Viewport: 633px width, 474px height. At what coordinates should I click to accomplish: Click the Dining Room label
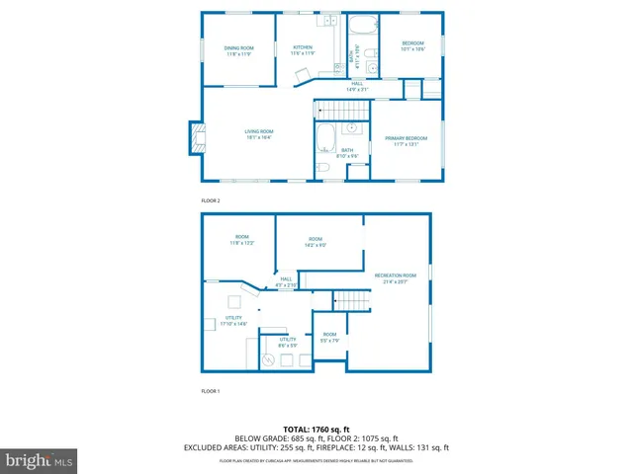coord(238,50)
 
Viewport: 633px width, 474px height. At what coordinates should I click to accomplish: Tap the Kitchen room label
coord(302,50)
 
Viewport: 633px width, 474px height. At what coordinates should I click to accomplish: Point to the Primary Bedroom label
coord(406,141)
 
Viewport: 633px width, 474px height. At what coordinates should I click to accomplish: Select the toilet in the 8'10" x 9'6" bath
coord(323,170)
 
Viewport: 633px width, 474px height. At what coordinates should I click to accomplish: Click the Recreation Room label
coord(395,277)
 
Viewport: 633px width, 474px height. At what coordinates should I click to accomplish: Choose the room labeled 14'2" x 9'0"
coord(316,241)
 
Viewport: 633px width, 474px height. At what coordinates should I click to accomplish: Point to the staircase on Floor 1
coord(348,299)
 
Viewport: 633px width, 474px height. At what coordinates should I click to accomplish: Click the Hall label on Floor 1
coord(286,281)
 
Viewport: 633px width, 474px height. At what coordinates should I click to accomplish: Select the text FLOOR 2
coord(211,200)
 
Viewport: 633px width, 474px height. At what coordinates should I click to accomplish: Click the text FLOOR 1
coord(211,392)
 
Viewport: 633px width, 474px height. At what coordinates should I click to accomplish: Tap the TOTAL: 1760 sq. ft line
coord(316,430)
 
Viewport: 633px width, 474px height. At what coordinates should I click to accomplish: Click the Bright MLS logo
coord(40,459)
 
